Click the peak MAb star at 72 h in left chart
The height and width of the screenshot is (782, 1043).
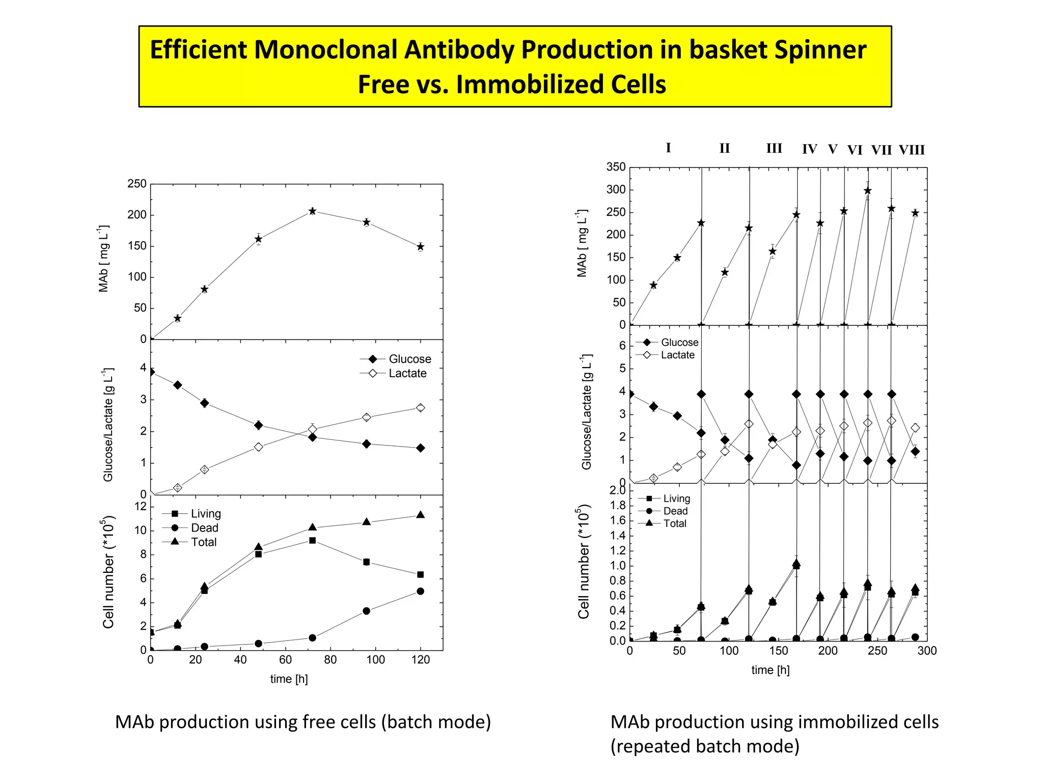(312, 211)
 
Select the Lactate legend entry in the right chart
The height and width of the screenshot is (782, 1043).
(677, 355)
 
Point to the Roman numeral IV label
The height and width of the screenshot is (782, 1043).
(809, 149)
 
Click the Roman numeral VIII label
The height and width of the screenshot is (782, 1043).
(911, 150)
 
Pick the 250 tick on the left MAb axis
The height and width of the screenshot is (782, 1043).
(136, 184)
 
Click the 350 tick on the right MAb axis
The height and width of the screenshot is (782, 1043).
(616, 167)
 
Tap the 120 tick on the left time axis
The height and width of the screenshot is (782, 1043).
(420, 660)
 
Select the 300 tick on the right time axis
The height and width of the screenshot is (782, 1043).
(927, 651)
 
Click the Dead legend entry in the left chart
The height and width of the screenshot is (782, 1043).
(204, 528)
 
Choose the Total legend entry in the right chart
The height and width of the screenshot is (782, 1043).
(675, 523)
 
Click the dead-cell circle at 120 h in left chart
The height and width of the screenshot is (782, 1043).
(420, 591)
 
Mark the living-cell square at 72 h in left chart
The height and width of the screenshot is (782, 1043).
(312, 541)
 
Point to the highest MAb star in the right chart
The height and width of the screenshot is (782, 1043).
(868, 191)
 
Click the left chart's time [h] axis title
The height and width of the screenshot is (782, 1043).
(289, 679)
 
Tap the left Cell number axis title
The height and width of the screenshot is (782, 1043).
(108, 572)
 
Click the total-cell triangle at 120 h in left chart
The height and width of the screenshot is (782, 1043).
(420, 515)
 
